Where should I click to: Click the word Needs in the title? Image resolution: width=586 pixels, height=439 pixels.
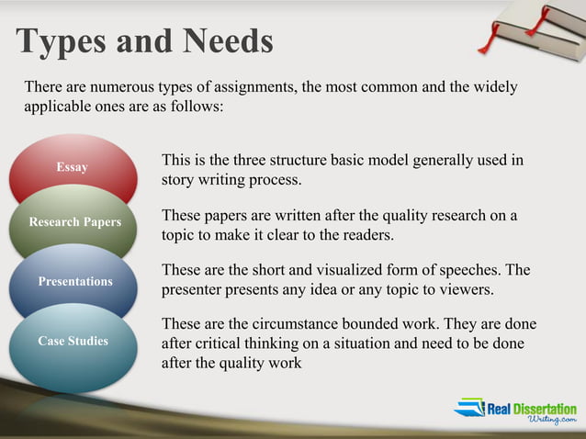coord(227,41)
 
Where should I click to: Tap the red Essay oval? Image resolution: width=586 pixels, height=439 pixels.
coord(72,167)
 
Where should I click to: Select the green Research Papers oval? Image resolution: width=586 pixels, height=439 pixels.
coord(74,222)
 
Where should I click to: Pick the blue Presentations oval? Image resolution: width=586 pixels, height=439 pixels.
coord(74,281)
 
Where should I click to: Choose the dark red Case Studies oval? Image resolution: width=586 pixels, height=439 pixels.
coord(73,341)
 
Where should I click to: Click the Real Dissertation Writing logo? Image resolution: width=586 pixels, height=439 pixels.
coord(515,411)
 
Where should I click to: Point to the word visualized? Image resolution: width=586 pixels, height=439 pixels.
coord(333,270)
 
